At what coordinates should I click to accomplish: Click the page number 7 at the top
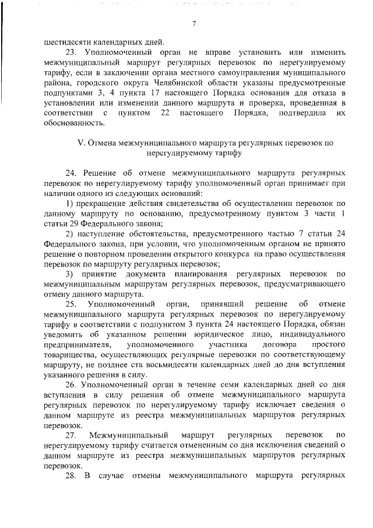pyautogui.click(x=193, y=24)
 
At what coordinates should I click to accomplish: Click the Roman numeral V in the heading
pyautogui.click(x=80, y=143)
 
